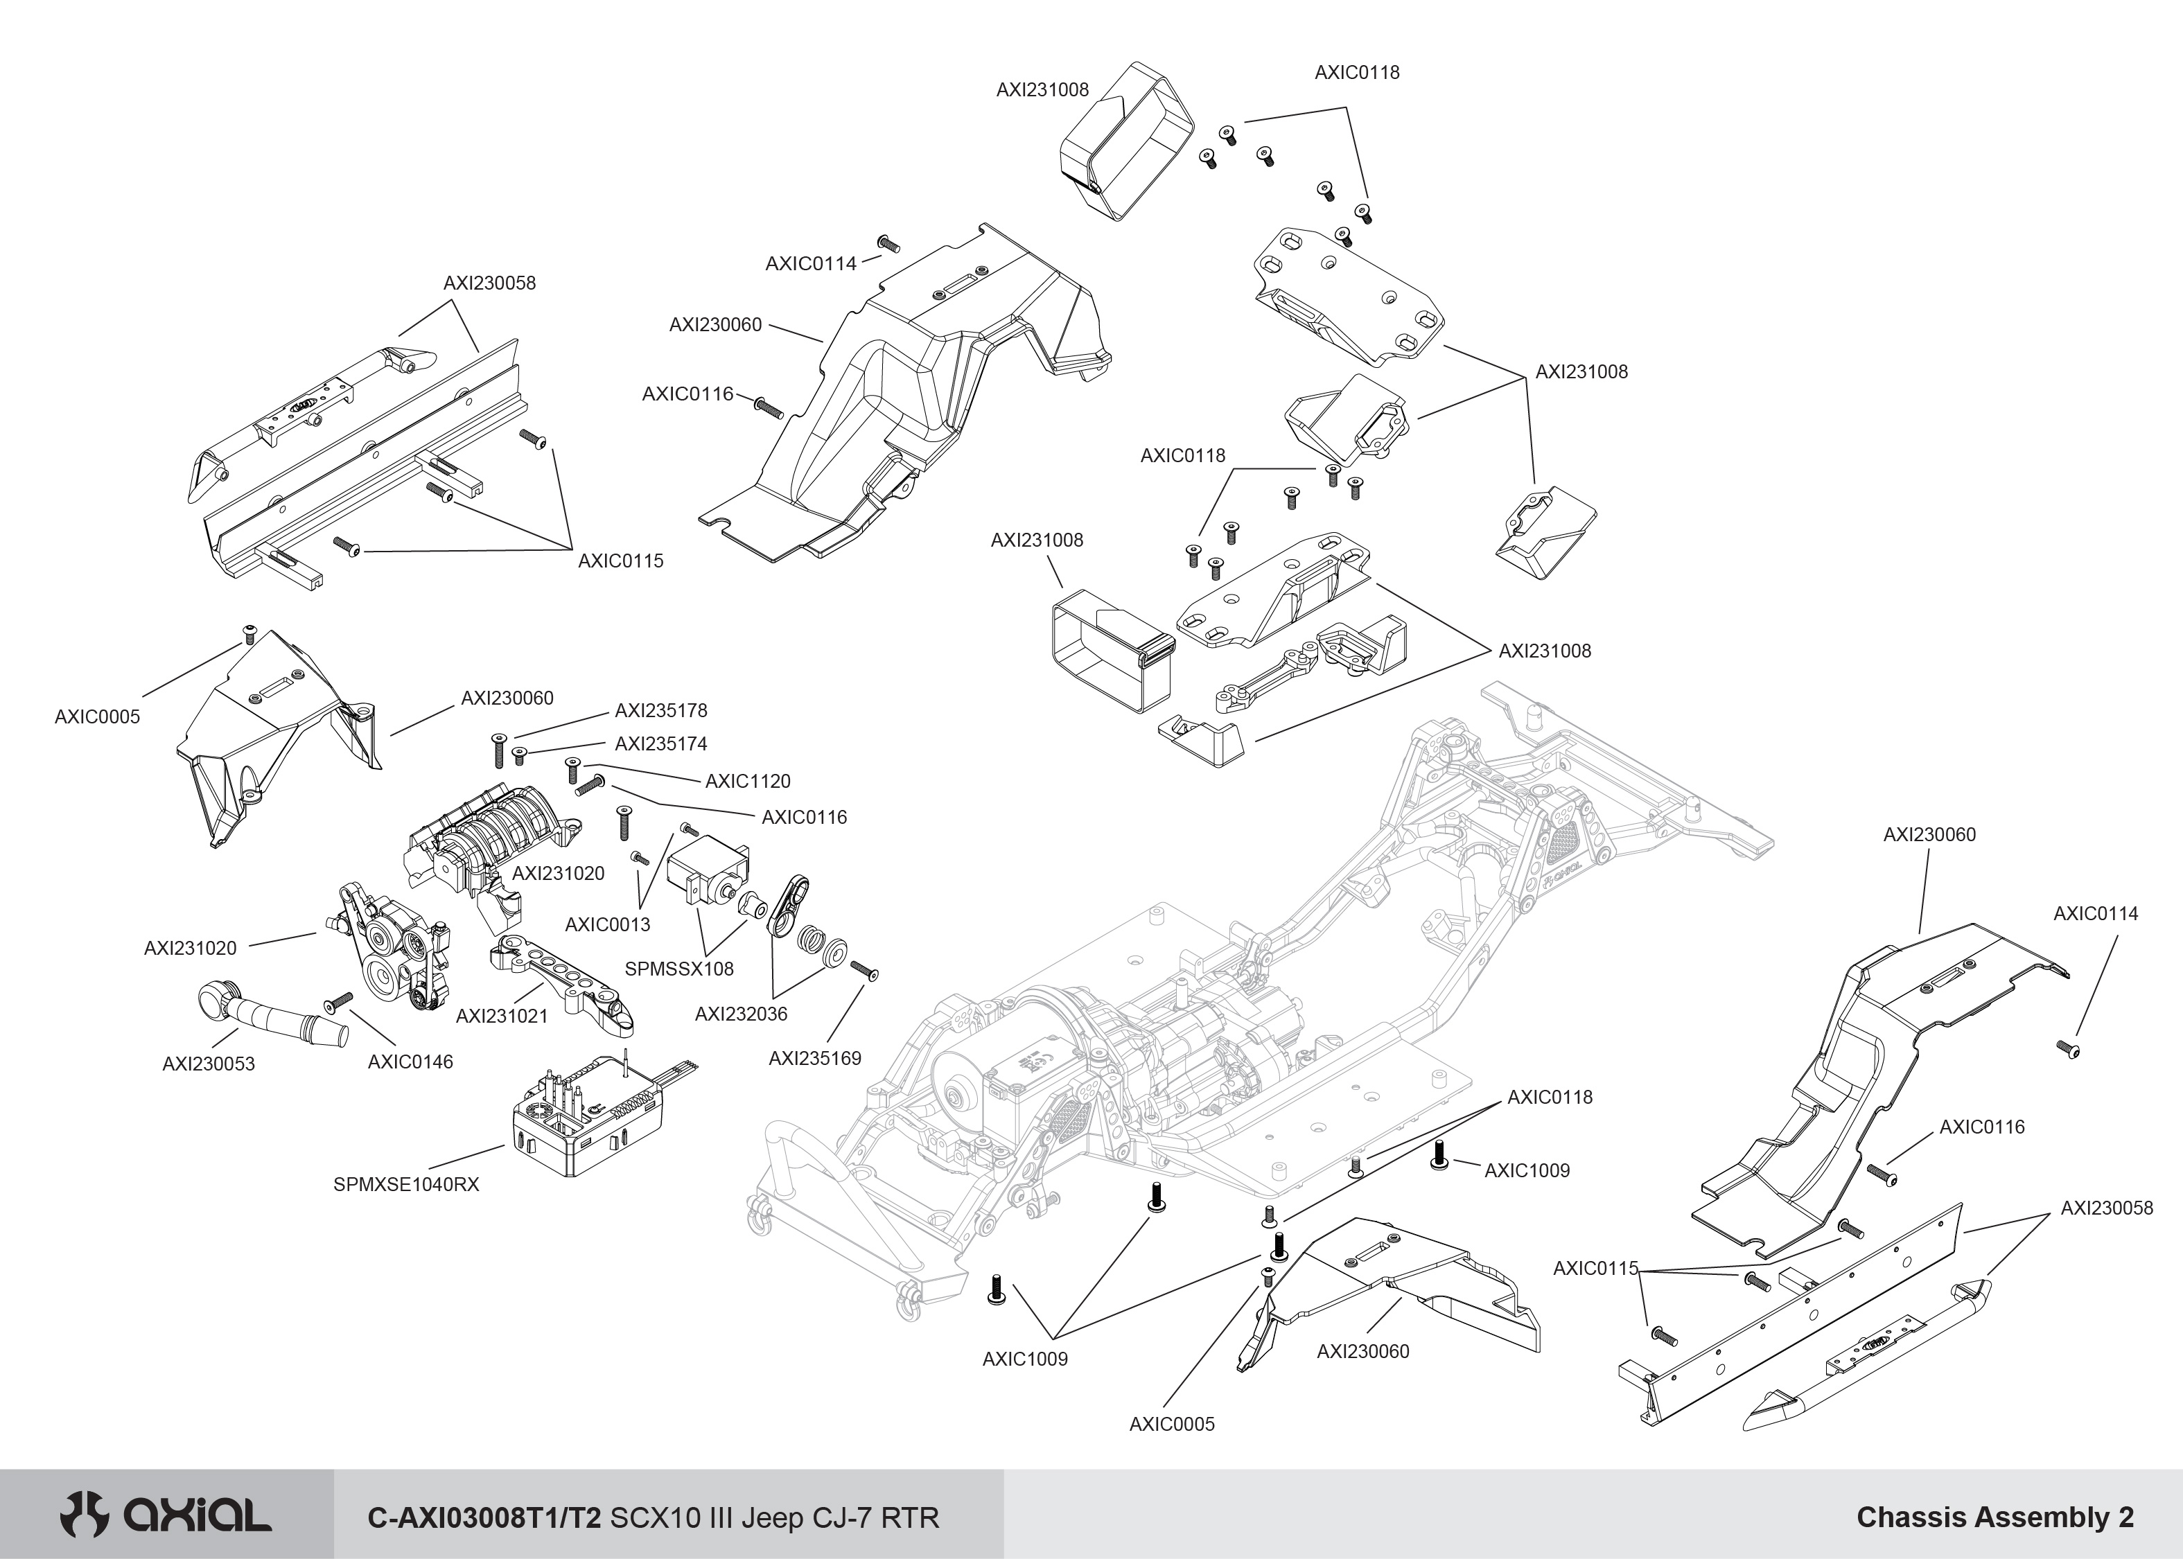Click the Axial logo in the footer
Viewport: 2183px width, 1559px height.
tap(165, 1516)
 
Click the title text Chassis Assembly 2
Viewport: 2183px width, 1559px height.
tap(1994, 1517)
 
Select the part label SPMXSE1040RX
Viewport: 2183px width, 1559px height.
tap(405, 1185)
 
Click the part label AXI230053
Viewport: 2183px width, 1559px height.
tap(209, 1064)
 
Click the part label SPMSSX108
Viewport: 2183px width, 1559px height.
tap(678, 969)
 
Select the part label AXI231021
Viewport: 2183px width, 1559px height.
tap(501, 1016)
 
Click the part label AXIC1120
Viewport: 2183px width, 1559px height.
tap(748, 782)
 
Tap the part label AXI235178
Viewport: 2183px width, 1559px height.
tap(660, 710)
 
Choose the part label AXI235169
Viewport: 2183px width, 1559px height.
tap(814, 1059)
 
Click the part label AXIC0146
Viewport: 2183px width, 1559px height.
tap(410, 1062)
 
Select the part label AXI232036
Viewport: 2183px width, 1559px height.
tap(740, 1014)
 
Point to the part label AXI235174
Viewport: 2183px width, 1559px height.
tap(660, 744)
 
